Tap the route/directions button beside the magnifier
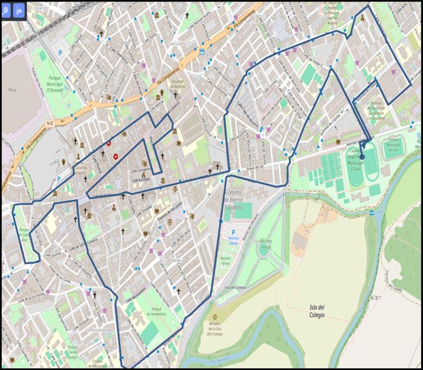click(x=19, y=10)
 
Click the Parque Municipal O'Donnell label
click(x=54, y=84)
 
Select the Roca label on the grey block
click(x=12, y=90)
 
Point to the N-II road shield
click(x=49, y=123)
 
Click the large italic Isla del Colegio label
click(x=317, y=312)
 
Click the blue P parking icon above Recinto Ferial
click(x=233, y=232)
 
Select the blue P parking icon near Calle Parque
click(x=60, y=53)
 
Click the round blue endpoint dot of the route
click(x=362, y=157)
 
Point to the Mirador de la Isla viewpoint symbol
click(x=215, y=316)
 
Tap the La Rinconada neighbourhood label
click(x=97, y=330)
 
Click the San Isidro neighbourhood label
click(x=177, y=43)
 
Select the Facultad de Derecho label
click(x=178, y=84)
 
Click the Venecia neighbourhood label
click(x=178, y=260)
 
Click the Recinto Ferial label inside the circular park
click(x=265, y=245)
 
